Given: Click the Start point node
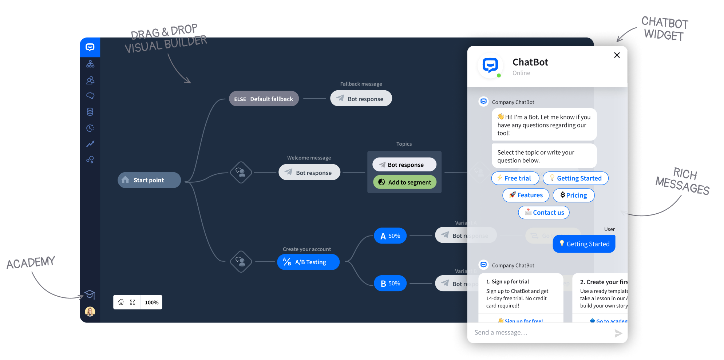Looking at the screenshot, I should (x=149, y=180).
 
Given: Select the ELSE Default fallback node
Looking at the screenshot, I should (x=264, y=99).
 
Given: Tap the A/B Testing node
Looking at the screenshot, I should (x=308, y=262).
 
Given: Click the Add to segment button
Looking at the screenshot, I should (x=405, y=182).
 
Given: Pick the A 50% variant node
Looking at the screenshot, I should (x=390, y=236).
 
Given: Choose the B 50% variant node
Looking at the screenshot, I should (x=390, y=284).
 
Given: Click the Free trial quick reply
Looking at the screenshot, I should (x=515, y=178).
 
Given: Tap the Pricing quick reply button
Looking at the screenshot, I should (x=573, y=195).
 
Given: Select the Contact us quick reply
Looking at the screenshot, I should (x=544, y=213).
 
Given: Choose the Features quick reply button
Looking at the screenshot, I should (x=526, y=195).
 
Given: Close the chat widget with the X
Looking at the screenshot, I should (x=617, y=55).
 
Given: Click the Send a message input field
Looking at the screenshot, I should (x=539, y=333).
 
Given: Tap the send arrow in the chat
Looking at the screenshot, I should (x=618, y=333).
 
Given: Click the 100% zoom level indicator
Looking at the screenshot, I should (x=151, y=302).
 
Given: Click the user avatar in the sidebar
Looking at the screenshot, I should (x=90, y=312).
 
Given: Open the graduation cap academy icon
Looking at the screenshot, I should (x=90, y=294).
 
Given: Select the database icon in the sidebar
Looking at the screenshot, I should (x=90, y=112).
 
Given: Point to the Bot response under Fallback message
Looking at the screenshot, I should (x=361, y=99).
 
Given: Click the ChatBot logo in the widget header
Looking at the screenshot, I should (x=490, y=66).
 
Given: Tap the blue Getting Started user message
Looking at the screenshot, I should (x=584, y=244).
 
